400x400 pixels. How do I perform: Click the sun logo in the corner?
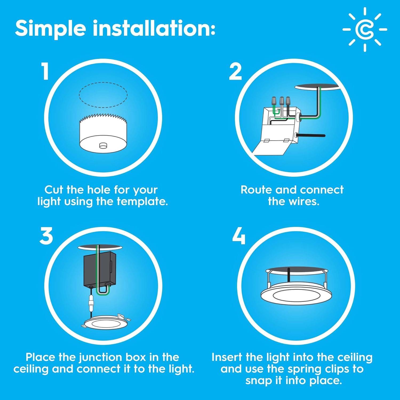click(365, 29)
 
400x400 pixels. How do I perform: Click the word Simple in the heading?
click(51, 29)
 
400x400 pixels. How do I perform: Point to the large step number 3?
click(46, 236)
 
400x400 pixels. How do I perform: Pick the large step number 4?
click(239, 237)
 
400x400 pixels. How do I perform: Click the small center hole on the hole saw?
click(103, 145)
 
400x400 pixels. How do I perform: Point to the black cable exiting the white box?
click(312, 135)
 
